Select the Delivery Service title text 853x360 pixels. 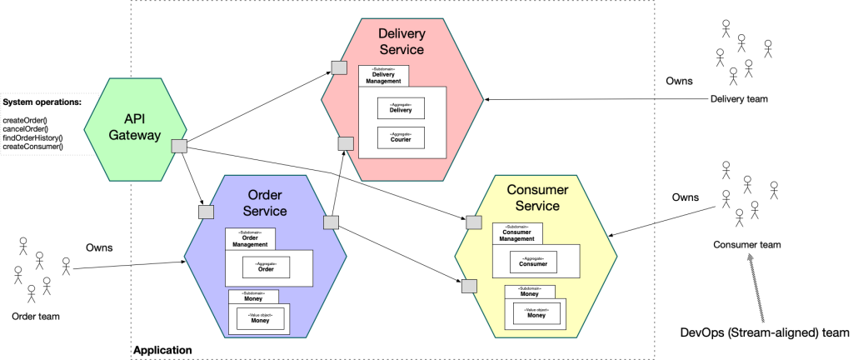[x=402, y=42]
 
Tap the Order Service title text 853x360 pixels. [x=266, y=202]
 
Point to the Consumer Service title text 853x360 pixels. [x=537, y=198]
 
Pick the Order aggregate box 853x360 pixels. [x=266, y=267]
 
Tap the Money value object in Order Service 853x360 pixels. [x=262, y=317]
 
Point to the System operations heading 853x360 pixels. [x=42, y=102]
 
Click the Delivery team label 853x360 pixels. [x=739, y=99]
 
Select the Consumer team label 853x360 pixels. [x=747, y=244]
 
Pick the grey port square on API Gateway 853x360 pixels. [x=179, y=146]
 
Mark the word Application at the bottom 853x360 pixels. [x=162, y=351]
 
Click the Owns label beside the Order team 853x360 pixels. [x=99, y=247]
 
